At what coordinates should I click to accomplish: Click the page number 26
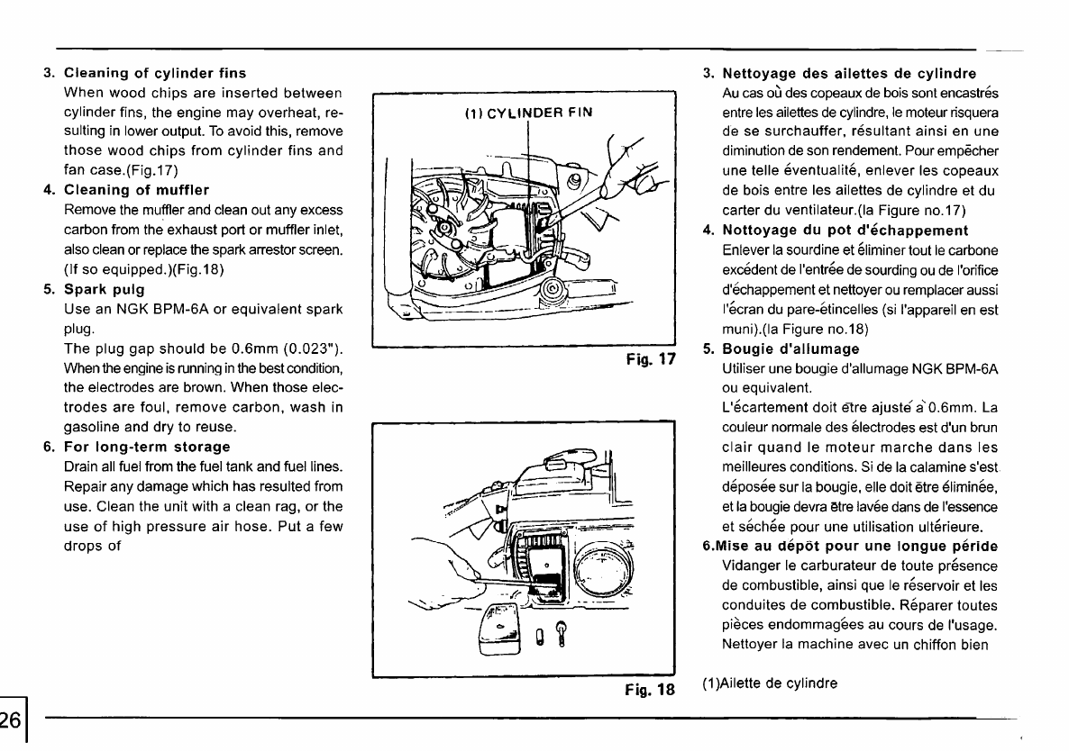12,719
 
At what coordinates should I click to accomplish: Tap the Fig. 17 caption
651,359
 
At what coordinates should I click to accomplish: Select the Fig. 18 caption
651,690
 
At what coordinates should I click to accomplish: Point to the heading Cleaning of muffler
137,189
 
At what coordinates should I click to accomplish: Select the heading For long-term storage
148,447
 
